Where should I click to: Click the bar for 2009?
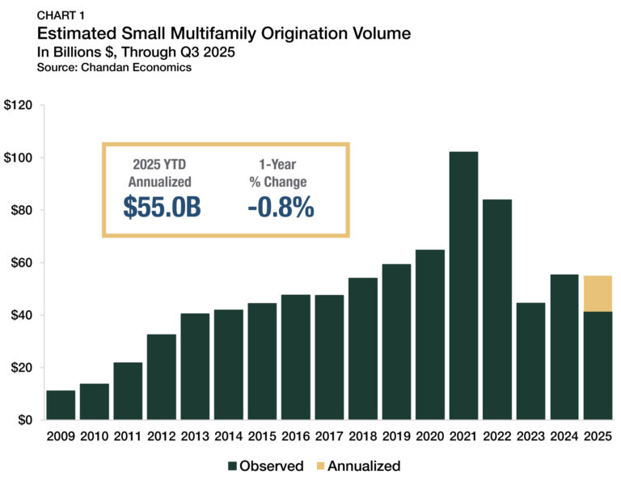point(61,405)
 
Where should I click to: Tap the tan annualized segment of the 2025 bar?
point(598,293)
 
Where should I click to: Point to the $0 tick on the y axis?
point(23,420)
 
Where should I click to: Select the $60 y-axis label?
point(20,263)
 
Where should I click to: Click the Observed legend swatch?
point(234,466)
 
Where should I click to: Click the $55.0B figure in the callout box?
point(162,207)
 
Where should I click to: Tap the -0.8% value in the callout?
point(281,207)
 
